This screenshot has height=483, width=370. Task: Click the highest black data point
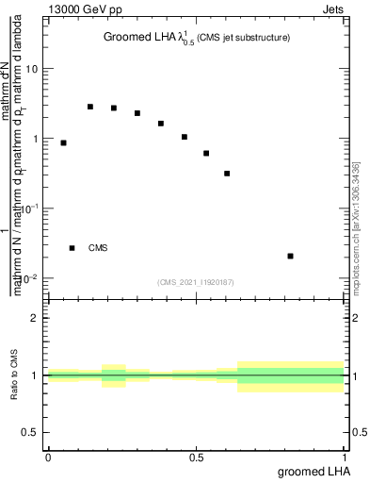pyautogui.click(x=90, y=107)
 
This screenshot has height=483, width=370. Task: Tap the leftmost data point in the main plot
pyautogui.click(x=63, y=142)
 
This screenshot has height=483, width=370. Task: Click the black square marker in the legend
pyautogui.click(x=72, y=248)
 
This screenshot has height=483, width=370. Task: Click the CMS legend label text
pyautogui.click(x=98, y=248)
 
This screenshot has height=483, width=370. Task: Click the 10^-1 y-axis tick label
pyautogui.click(x=30, y=208)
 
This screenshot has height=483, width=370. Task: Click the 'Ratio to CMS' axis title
pyautogui.click(x=15, y=375)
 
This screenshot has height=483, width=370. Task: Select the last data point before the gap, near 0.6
pyautogui.click(x=227, y=174)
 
